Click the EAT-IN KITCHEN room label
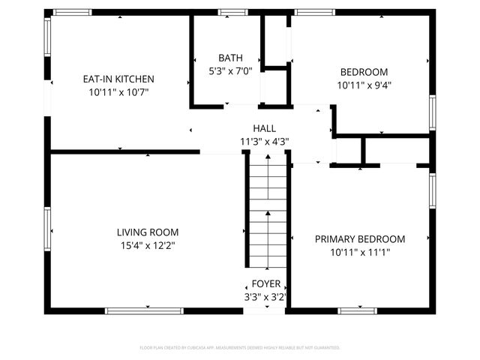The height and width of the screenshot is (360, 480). [118, 79]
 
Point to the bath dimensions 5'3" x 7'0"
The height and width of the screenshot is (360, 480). [230, 70]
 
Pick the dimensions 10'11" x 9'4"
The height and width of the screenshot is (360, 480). [364, 85]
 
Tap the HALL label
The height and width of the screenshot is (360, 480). [264, 128]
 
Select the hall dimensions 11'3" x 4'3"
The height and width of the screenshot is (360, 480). [264, 141]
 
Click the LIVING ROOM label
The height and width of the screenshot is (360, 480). [147, 232]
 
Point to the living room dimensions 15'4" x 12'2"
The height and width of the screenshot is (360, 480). [147, 245]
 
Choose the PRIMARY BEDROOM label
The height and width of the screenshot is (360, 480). [359, 239]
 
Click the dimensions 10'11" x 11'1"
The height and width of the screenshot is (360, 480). [359, 252]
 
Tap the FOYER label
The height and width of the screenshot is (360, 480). [266, 284]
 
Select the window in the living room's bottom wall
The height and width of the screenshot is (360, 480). [144, 310]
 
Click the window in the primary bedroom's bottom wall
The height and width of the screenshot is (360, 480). [357, 310]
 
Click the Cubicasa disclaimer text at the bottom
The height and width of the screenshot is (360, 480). [240, 347]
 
